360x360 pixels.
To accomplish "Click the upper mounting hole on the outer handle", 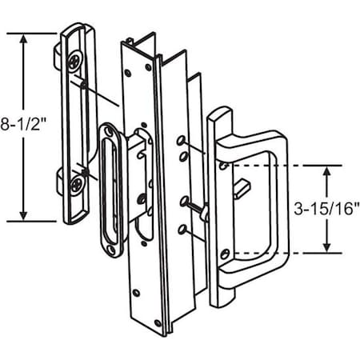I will click(x=225, y=166).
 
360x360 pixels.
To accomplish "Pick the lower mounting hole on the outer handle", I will click(x=225, y=254).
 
